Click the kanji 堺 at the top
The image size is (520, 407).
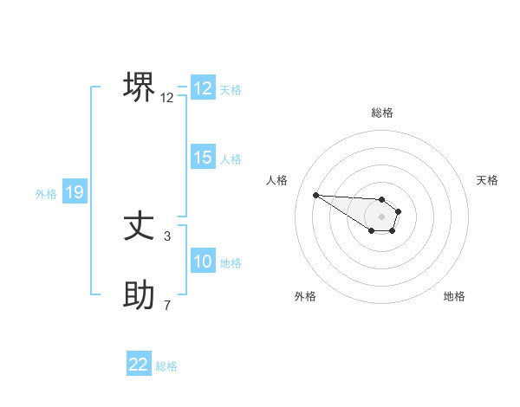(x=140, y=87)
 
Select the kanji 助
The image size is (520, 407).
(x=140, y=296)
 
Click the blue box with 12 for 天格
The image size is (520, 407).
(x=203, y=88)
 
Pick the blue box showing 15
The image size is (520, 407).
(x=203, y=158)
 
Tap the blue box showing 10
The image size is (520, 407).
(x=203, y=262)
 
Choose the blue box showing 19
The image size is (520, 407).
(x=75, y=192)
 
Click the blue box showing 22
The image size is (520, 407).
(x=139, y=365)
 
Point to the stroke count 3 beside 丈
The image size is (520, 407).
(x=167, y=236)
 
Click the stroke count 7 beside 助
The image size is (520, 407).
(x=167, y=305)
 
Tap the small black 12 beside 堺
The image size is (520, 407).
(x=167, y=98)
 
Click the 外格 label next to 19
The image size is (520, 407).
(x=46, y=194)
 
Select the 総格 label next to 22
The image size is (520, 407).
(x=166, y=366)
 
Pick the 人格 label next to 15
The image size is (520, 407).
(x=231, y=159)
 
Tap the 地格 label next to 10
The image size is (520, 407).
(x=231, y=263)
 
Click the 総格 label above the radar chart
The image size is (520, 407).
(x=382, y=113)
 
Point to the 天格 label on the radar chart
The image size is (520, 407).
(x=488, y=180)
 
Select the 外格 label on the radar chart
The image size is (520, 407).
(x=305, y=296)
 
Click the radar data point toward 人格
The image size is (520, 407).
(x=316, y=195)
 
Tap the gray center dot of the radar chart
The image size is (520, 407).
(x=382, y=216)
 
